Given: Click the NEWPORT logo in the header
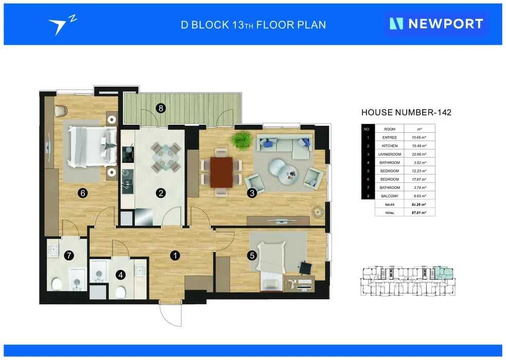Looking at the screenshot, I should click(436, 24).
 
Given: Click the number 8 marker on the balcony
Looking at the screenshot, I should click(161, 108).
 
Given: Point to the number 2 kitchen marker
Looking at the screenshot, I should click(161, 193).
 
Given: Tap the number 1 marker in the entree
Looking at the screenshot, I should click(176, 255).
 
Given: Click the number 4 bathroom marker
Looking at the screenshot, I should click(120, 275).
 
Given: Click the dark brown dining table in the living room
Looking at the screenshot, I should click(222, 172).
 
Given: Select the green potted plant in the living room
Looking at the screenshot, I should click(241, 140).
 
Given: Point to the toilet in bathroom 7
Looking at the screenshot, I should click(57, 283).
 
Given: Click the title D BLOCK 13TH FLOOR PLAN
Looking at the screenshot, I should click(253, 24).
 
